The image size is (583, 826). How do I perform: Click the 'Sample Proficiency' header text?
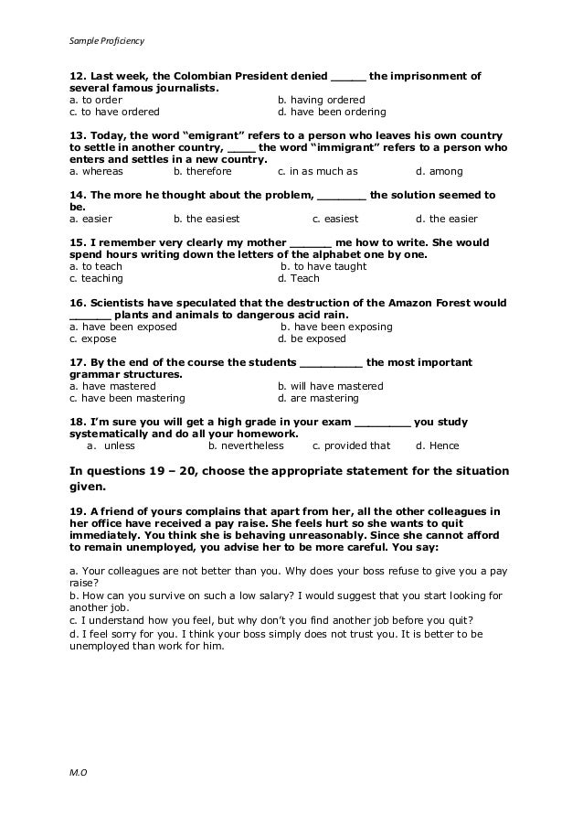(x=106, y=40)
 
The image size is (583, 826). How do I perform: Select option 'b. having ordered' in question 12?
(x=321, y=100)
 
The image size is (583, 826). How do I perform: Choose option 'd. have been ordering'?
(x=331, y=113)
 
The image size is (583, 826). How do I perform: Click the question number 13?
(x=77, y=134)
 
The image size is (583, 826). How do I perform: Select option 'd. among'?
(x=439, y=171)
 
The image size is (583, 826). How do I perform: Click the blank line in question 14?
(x=342, y=195)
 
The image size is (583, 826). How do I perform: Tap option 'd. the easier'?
(x=446, y=219)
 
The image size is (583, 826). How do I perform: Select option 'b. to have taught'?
(x=323, y=266)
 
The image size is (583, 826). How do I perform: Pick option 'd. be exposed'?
(x=312, y=338)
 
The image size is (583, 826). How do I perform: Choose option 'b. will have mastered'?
(x=330, y=386)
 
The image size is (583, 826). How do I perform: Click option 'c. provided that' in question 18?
(x=351, y=445)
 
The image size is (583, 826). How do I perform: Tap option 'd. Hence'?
(x=437, y=445)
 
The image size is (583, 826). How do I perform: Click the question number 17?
(x=77, y=362)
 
